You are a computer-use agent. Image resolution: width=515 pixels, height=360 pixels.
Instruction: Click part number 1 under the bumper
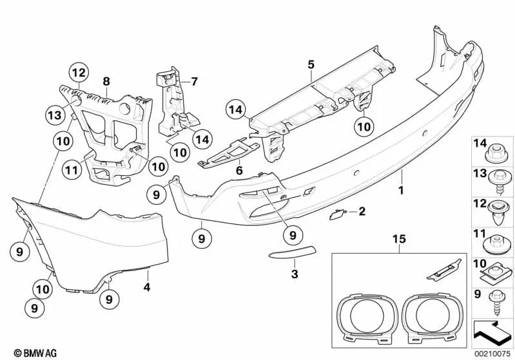pos(401,191)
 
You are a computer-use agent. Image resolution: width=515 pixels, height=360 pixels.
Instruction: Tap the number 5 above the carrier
pos(311,64)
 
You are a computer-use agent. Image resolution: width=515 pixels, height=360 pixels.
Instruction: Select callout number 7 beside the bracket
pos(192,81)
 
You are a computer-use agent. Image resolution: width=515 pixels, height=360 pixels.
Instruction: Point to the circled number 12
pos(78,73)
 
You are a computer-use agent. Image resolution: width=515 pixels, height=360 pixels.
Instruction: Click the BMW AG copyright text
pos(30,353)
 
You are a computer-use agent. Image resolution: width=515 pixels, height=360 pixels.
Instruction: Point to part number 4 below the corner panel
pos(146,287)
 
